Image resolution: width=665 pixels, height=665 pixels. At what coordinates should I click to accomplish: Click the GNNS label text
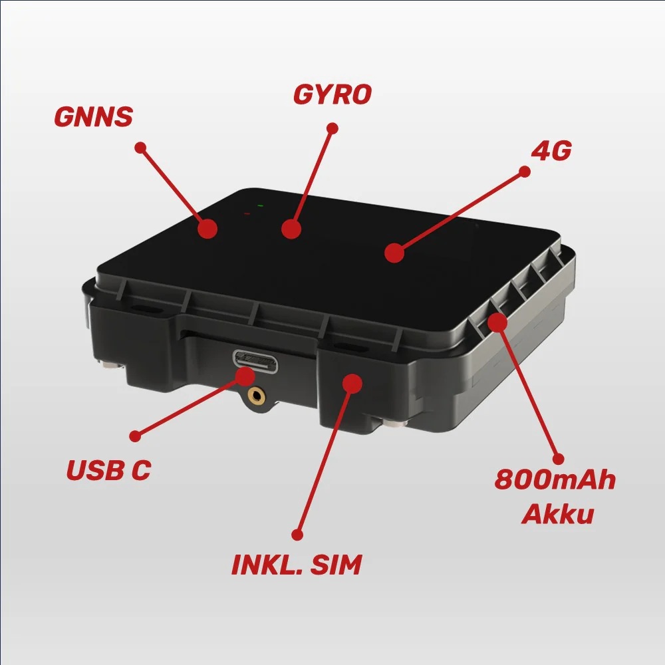93,116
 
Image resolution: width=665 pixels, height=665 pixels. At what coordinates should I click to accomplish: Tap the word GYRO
332,94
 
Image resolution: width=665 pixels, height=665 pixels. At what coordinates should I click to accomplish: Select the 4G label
551,151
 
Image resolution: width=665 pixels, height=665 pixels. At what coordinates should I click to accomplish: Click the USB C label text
108,470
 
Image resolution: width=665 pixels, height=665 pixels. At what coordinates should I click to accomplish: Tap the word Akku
557,514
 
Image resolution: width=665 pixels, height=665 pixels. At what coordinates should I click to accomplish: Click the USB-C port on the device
255,360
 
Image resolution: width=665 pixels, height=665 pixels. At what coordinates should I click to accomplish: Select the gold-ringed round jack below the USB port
255,396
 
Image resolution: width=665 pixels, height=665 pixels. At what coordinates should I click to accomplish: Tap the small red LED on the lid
247,213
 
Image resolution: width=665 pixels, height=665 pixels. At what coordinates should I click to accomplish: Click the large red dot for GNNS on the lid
208,228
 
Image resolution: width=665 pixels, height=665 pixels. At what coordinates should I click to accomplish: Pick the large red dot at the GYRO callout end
291,229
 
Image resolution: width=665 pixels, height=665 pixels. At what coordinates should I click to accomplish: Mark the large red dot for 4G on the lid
394,253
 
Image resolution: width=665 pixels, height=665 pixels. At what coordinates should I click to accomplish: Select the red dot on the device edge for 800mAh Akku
497,322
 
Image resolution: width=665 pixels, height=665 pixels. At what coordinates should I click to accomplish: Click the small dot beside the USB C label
135,436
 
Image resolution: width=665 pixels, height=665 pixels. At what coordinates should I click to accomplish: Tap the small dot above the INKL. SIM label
297,534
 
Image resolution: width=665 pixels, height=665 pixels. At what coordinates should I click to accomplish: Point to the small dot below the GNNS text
140,148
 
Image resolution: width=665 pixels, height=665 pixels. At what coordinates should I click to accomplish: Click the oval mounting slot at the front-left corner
143,311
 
